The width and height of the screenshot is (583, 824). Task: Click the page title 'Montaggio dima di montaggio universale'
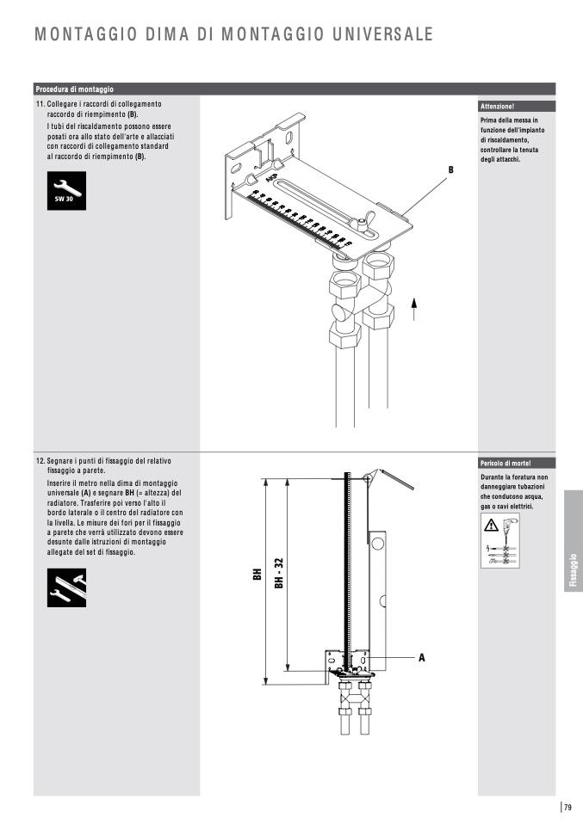(233, 34)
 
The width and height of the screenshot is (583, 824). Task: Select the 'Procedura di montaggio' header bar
(76, 89)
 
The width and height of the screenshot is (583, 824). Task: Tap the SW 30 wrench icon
(66, 191)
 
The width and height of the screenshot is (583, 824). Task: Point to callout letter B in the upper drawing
(450, 171)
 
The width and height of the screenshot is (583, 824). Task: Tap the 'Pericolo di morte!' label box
(506, 463)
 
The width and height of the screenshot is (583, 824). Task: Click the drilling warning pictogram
(500, 542)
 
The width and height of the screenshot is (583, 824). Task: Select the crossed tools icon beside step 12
(66, 588)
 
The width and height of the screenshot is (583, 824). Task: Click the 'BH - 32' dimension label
(279, 573)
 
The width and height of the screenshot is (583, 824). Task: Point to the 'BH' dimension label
(256, 574)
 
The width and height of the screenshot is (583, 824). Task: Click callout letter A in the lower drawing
(422, 657)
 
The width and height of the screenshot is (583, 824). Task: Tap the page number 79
(568, 806)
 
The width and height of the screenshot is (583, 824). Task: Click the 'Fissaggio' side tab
(573, 571)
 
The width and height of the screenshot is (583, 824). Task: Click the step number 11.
(40, 104)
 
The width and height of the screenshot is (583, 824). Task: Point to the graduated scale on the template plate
(298, 219)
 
